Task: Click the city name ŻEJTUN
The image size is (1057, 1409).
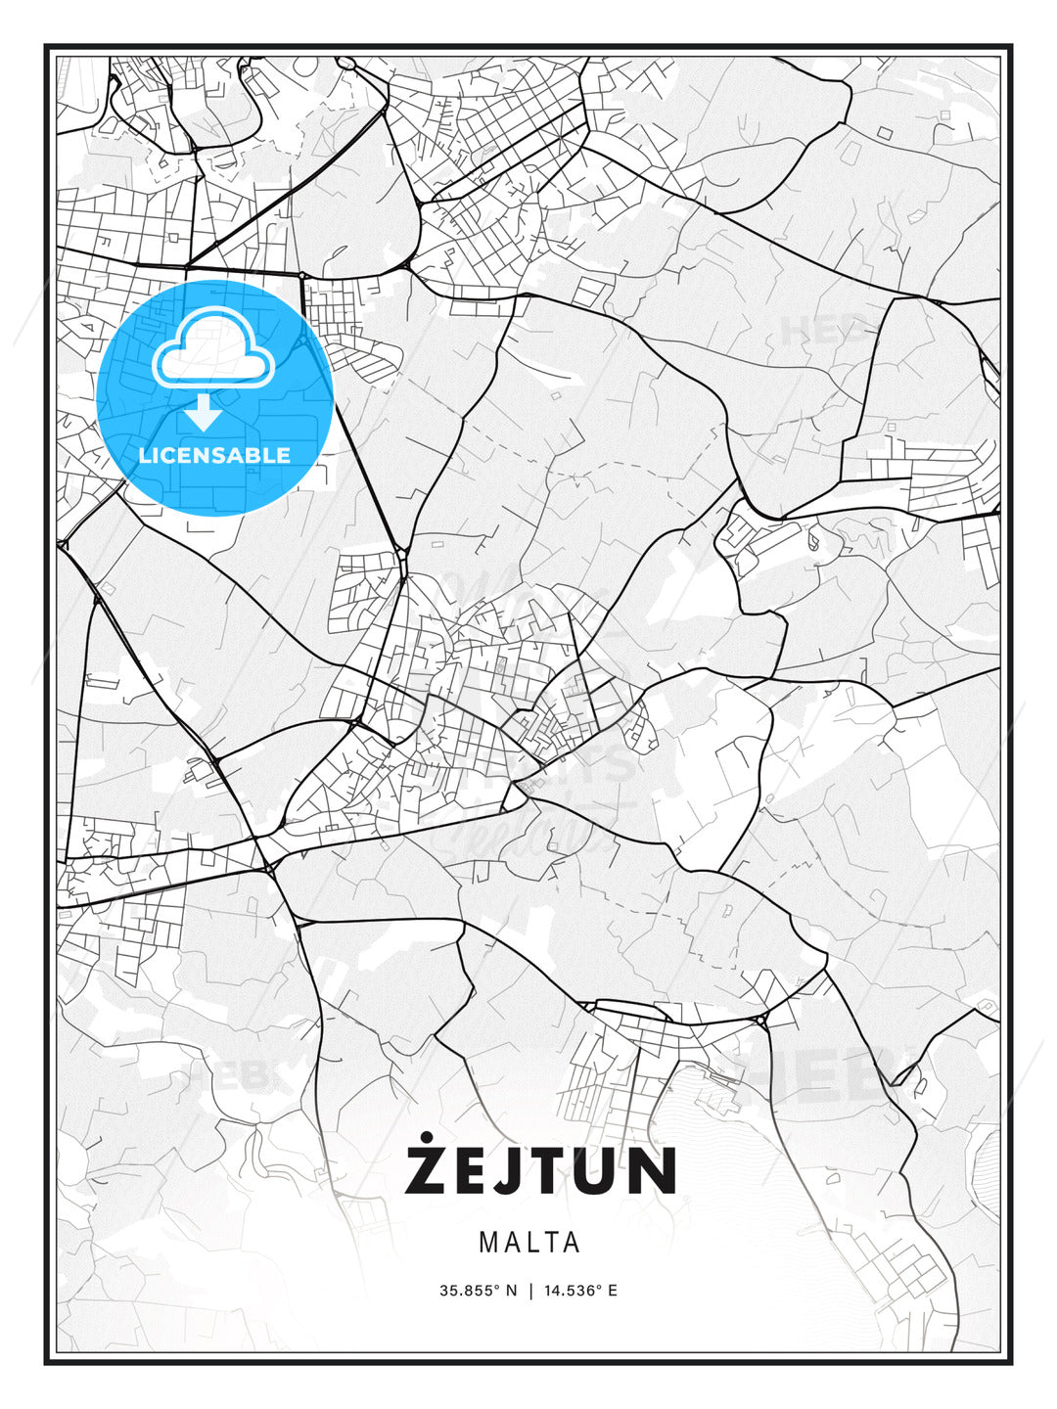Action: point(541,1170)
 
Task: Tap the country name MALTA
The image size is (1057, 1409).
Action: point(529,1243)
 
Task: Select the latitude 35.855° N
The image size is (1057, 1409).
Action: point(478,1291)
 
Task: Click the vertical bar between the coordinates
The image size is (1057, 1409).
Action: point(530,1291)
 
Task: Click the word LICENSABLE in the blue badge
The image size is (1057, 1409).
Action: point(214,455)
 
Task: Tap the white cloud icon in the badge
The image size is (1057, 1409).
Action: point(212,349)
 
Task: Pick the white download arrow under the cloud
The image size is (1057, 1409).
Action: point(203,412)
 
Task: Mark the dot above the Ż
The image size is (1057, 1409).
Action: point(428,1138)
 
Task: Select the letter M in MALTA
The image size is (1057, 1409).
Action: point(488,1243)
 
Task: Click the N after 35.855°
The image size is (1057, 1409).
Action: point(511,1291)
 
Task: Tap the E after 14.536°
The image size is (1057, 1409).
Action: point(613,1291)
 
